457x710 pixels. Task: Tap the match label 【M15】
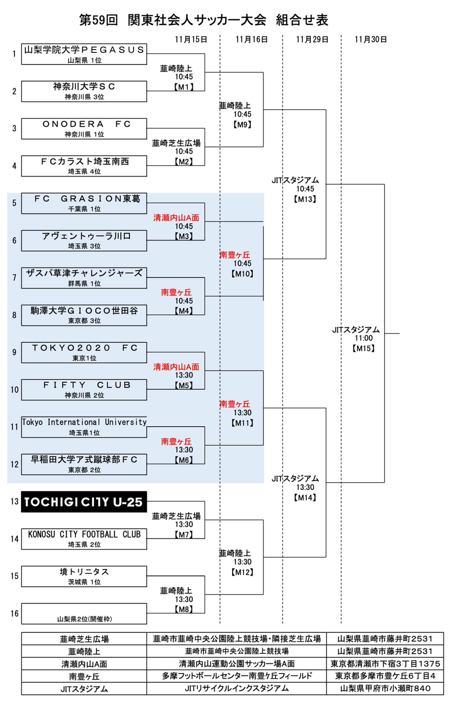[364, 348]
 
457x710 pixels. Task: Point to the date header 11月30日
[371, 39]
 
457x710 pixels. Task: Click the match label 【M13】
[305, 199]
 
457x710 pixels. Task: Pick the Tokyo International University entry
[84, 422]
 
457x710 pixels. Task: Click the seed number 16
[15, 613]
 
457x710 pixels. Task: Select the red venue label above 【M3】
[176, 218]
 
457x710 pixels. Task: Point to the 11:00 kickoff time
[364, 338]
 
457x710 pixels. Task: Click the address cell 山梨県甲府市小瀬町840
[385, 688]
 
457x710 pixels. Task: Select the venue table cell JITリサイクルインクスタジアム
[237, 688]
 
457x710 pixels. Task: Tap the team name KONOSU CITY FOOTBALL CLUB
[84, 534]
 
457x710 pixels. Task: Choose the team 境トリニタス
[84, 572]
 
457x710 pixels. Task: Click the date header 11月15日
[191, 39]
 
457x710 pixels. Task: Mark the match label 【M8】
[184, 609]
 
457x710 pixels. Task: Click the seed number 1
[14, 54]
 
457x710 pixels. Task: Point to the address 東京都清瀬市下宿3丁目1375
[385, 664]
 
